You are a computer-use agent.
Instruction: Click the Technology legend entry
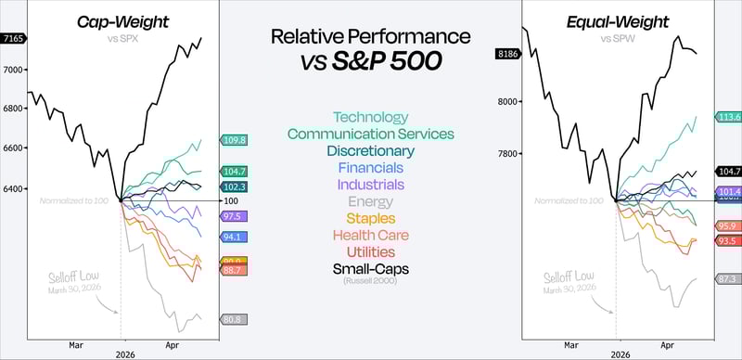[370, 117]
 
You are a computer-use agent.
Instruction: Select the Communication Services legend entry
[370, 134]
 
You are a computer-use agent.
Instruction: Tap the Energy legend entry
[370, 201]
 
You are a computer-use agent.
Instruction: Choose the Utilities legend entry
[370, 251]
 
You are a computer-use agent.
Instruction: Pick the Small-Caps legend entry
[370, 268]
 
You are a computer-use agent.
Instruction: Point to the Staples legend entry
[370, 218]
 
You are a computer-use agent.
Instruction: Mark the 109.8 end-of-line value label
[233, 139]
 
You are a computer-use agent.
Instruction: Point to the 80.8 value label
[233, 319]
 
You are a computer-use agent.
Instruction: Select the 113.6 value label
[727, 117]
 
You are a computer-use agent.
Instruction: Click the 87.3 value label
[727, 278]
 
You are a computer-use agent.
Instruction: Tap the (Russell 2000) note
[370, 280]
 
